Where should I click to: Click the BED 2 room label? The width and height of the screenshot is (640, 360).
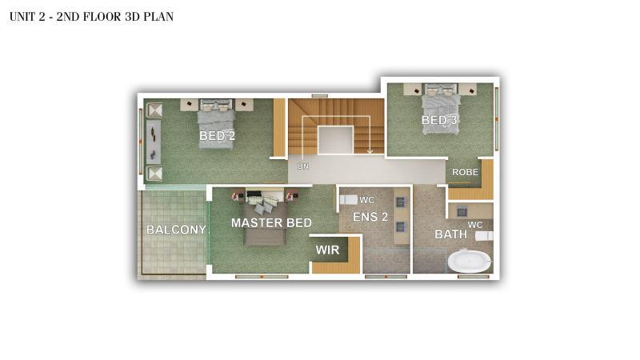pyautogui.click(x=217, y=135)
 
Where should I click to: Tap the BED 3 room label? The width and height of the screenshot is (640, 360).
pyautogui.click(x=439, y=120)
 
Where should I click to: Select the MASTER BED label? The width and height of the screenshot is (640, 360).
pyautogui.click(x=271, y=223)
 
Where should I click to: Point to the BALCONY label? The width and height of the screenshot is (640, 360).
pyautogui.click(x=176, y=230)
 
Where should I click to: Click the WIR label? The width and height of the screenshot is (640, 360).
pyautogui.click(x=327, y=250)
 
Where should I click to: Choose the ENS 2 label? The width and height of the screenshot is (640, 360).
pyautogui.click(x=370, y=217)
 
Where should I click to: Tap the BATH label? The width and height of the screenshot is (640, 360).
pyautogui.click(x=450, y=234)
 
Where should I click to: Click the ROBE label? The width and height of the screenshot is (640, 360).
pyautogui.click(x=466, y=172)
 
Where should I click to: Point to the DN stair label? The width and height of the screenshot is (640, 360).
pyautogui.click(x=303, y=166)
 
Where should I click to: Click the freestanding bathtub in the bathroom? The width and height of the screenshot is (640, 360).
pyautogui.click(x=470, y=261)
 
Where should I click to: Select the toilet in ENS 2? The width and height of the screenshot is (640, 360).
pyautogui.click(x=348, y=200)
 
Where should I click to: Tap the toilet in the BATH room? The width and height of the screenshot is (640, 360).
pyautogui.click(x=484, y=236)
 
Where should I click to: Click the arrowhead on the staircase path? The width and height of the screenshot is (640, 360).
pyautogui.click(x=370, y=151)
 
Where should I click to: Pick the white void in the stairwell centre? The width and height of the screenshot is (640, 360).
pyautogui.click(x=335, y=140)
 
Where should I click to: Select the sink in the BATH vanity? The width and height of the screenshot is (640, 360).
pyautogui.click(x=462, y=212)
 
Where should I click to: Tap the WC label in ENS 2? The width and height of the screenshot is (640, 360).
pyautogui.click(x=366, y=200)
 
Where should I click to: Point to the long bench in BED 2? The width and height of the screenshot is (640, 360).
pyautogui.click(x=154, y=142)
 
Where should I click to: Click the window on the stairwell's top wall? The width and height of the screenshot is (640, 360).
pyautogui.click(x=319, y=96)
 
